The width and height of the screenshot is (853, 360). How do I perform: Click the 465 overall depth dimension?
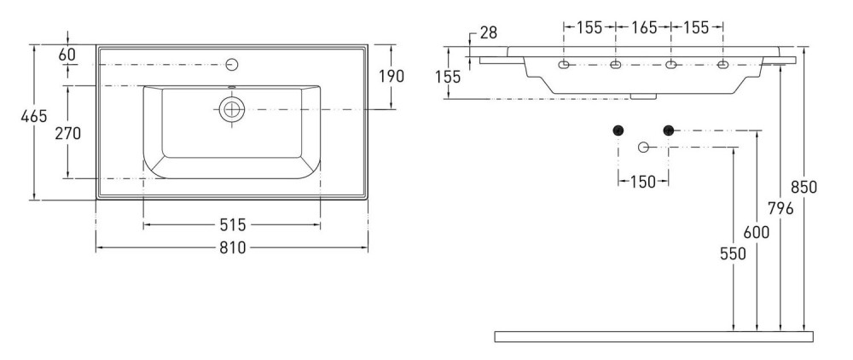34,116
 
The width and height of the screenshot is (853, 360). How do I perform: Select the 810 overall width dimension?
233,248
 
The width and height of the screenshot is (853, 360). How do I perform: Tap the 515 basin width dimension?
233,224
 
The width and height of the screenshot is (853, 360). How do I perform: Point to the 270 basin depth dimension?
67,133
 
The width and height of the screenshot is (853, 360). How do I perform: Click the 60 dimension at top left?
67,55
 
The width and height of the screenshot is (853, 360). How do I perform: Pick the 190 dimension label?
392,76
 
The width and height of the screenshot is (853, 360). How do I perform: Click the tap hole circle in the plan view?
232,65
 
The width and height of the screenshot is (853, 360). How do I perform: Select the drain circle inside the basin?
232,109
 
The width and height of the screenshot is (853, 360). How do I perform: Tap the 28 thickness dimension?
489,32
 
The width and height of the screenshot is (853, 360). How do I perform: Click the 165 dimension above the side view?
644,27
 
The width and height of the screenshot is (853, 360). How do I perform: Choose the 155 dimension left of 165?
589,27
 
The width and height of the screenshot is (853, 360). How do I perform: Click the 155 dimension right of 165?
696,27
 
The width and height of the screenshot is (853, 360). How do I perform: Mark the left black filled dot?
618,130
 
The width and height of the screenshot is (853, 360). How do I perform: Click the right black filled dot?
669,130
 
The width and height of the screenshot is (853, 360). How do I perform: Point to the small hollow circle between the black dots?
643,147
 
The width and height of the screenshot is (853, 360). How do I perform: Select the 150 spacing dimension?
643,182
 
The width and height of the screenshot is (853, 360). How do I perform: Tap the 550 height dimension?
733,253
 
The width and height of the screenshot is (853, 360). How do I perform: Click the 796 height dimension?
780,208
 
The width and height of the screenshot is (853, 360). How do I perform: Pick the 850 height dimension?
804,187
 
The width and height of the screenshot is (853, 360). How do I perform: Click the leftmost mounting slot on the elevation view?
564,65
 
